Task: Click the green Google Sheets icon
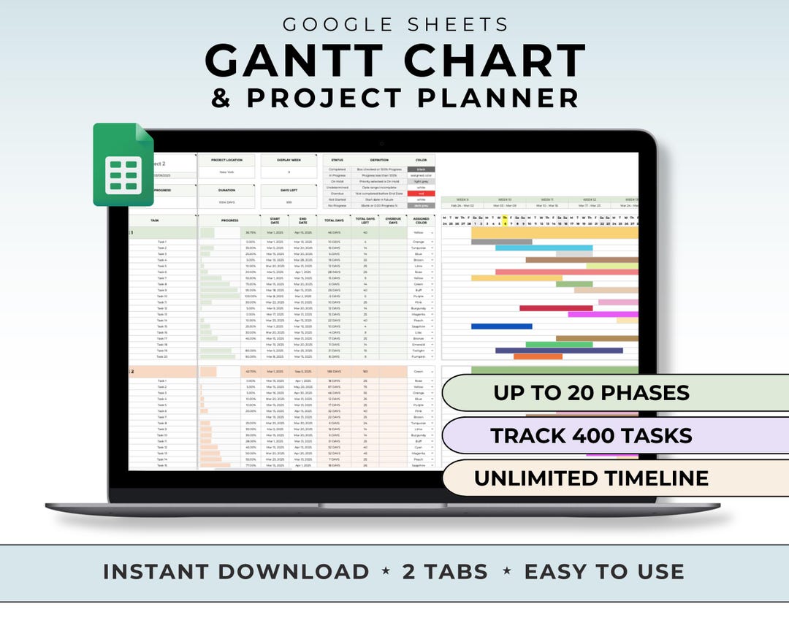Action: pos(123,164)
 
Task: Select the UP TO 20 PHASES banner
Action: pos(591,393)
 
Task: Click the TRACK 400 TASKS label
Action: pos(591,436)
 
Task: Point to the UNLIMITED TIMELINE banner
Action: pos(591,478)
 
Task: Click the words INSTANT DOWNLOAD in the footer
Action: pos(236,572)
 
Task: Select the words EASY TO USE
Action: pos(604,572)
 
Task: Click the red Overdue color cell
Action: pos(421,194)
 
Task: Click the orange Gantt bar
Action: pos(538,356)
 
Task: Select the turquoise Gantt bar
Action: pos(544,248)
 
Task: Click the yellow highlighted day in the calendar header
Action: pos(504,223)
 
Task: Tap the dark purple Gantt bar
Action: pos(559,351)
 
